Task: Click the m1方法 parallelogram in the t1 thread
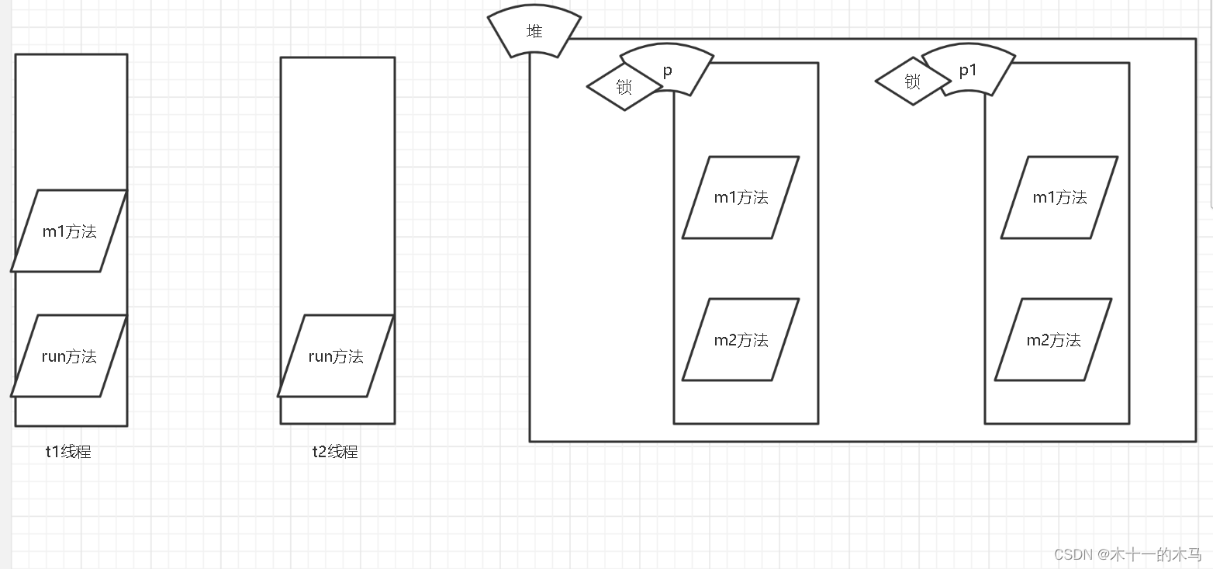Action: (x=69, y=231)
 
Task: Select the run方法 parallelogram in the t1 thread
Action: (x=69, y=356)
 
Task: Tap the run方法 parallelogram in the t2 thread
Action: (x=336, y=356)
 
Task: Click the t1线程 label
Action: (x=68, y=452)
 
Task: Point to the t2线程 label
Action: (x=335, y=452)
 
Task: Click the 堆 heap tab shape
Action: (x=534, y=33)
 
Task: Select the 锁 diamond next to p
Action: (x=624, y=87)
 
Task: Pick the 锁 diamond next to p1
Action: (x=913, y=81)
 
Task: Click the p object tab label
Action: (x=667, y=71)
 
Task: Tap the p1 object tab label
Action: (x=968, y=71)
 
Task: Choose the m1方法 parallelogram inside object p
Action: (x=741, y=198)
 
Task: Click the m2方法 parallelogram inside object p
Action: (x=741, y=340)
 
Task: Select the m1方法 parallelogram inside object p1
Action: (x=1059, y=198)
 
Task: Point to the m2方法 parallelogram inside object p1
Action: (x=1053, y=340)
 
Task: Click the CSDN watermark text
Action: (x=1127, y=554)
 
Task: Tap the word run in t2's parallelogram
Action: (x=321, y=357)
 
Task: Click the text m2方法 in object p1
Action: (x=1053, y=340)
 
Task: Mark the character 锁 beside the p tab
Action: (x=624, y=87)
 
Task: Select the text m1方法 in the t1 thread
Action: (x=69, y=231)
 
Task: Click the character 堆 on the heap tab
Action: (x=534, y=32)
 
